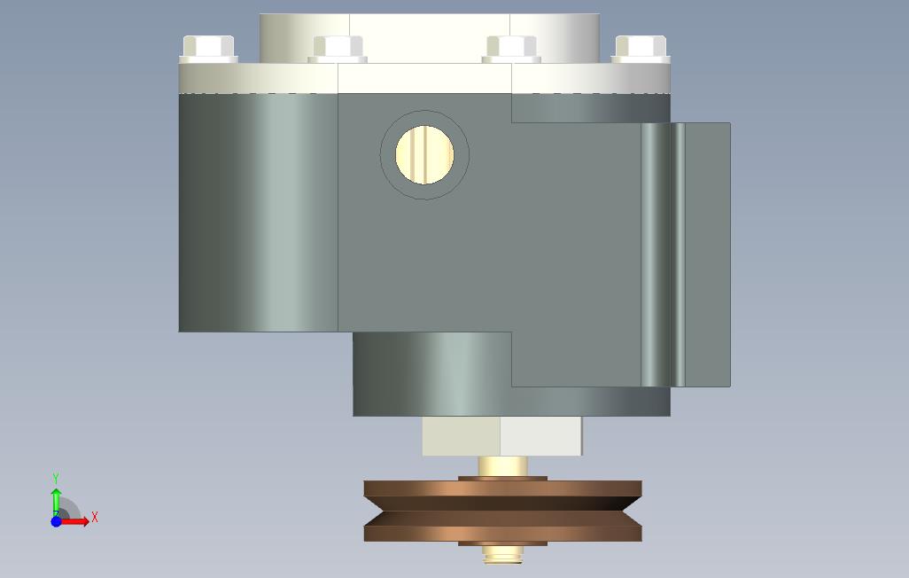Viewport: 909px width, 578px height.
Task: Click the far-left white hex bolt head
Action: pyautogui.click(x=209, y=49)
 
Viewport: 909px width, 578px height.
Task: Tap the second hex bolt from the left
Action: pyautogui.click(x=338, y=49)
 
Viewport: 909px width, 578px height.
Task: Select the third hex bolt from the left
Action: pyautogui.click(x=511, y=49)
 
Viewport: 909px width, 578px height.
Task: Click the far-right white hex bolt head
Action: pyautogui.click(x=641, y=49)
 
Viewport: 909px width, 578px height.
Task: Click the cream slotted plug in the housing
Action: pyautogui.click(x=424, y=155)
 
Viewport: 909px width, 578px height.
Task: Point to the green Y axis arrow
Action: pyautogui.click(x=56, y=502)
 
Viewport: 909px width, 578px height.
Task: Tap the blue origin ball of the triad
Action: pyautogui.click(x=56, y=521)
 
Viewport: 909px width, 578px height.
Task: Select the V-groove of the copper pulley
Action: pyautogui.click(x=502, y=511)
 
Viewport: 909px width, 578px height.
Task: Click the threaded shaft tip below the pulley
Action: pyautogui.click(x=502, y=555)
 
